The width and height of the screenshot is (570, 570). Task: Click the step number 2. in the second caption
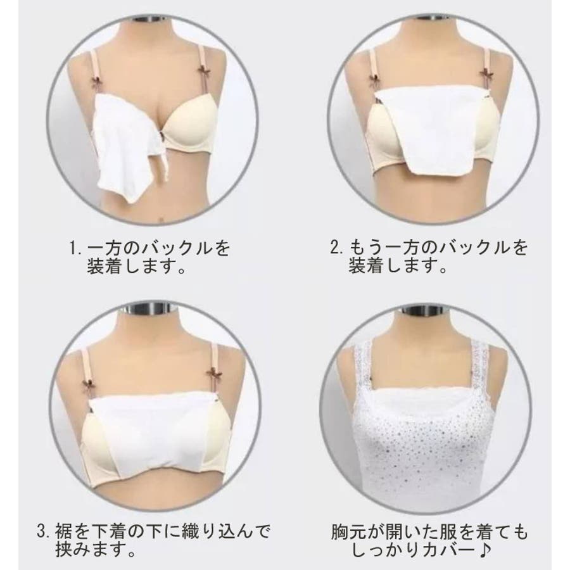pos(337,248)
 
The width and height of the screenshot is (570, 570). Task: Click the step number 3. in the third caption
pos(44,532)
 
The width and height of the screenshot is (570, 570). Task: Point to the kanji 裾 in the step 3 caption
pos(63,532)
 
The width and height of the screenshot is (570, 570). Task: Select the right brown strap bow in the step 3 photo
pos(212,374)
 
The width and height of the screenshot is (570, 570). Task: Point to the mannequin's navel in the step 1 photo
pos(161,220)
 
